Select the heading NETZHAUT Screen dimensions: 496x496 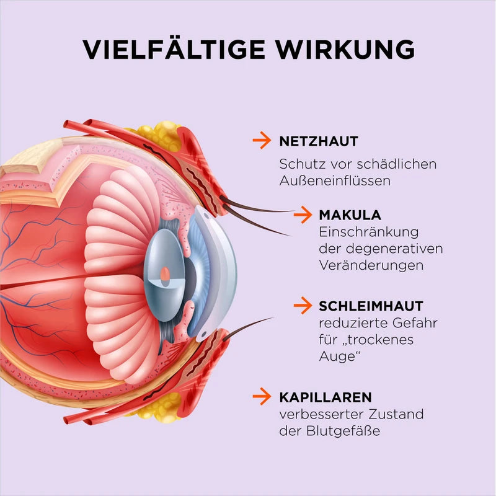coord(319,141)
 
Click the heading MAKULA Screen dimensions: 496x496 coord(350,215)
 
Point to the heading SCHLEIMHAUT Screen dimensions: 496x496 coord(371,306)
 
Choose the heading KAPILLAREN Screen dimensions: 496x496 coord(325,396)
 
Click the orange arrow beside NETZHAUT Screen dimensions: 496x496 coord(262,141)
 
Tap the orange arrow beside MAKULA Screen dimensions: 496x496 coord(302,215)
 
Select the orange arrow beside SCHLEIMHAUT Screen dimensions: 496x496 coord(302,306)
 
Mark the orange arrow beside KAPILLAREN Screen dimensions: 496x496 coord(262,396)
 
